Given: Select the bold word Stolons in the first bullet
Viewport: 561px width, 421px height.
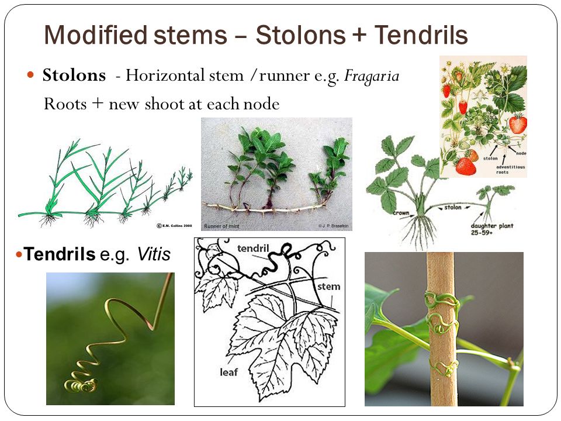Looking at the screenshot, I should click(74, 76).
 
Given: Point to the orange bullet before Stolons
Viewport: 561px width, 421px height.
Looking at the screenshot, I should click(32, 76).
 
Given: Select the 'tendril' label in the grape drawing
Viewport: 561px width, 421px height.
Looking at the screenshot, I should click(254, 249).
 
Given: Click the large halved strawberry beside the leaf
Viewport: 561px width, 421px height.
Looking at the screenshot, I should click(518, 124).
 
